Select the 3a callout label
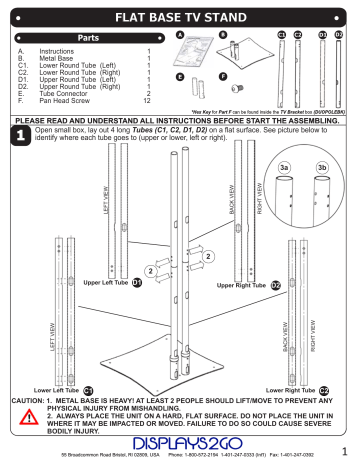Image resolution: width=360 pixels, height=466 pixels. coord(285,168)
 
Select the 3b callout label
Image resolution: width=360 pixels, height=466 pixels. coord(323,168)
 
